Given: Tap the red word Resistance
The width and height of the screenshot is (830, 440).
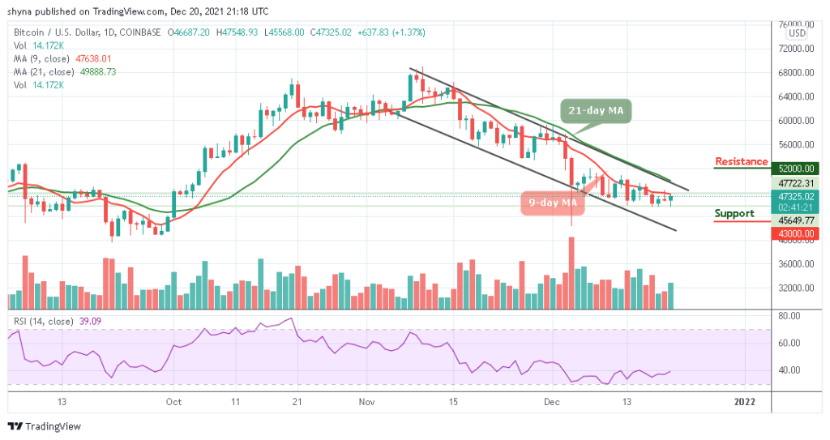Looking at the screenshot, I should coord(741,161).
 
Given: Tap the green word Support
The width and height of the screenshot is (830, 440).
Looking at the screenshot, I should coord(734,214).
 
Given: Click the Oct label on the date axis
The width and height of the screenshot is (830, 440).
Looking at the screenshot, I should coord(173,401).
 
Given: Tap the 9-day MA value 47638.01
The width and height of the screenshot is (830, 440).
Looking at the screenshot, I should coord(88,58).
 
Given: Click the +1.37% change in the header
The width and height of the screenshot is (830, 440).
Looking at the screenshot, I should coord(409,32).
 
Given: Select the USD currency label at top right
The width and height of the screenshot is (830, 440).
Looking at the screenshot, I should coord(797,33).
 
